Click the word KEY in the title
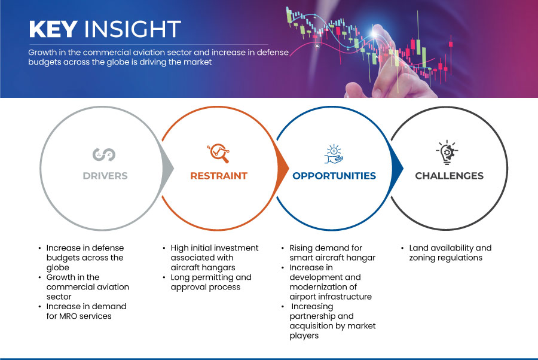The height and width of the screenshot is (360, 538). [x=53, y=29]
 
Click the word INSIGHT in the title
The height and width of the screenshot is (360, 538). [x=133, y=29]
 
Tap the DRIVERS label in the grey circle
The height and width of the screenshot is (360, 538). [x=105, y=176]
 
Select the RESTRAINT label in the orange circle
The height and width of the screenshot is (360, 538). [x=219, y=176]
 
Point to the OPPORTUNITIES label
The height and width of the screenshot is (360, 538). [x=334, y=176]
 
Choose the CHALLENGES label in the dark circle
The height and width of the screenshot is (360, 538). [x=449, y=176]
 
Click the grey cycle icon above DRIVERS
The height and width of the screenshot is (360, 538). [x=104, y=154]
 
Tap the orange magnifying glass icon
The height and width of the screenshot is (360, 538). [x=218, y=153]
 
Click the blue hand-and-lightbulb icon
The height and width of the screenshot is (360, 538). [x=334, y=154]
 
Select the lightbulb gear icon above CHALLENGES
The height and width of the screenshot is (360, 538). [x=447, y=152]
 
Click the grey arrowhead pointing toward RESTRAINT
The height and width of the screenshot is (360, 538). [x=168, y=168]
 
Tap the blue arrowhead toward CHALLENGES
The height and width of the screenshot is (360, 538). [x=397, y=168]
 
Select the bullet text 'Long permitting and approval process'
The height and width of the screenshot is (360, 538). [x=211, y=282]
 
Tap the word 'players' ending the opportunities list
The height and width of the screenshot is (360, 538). [x=304, y=335]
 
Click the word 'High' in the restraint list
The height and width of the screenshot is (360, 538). [x=179, y=248]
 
